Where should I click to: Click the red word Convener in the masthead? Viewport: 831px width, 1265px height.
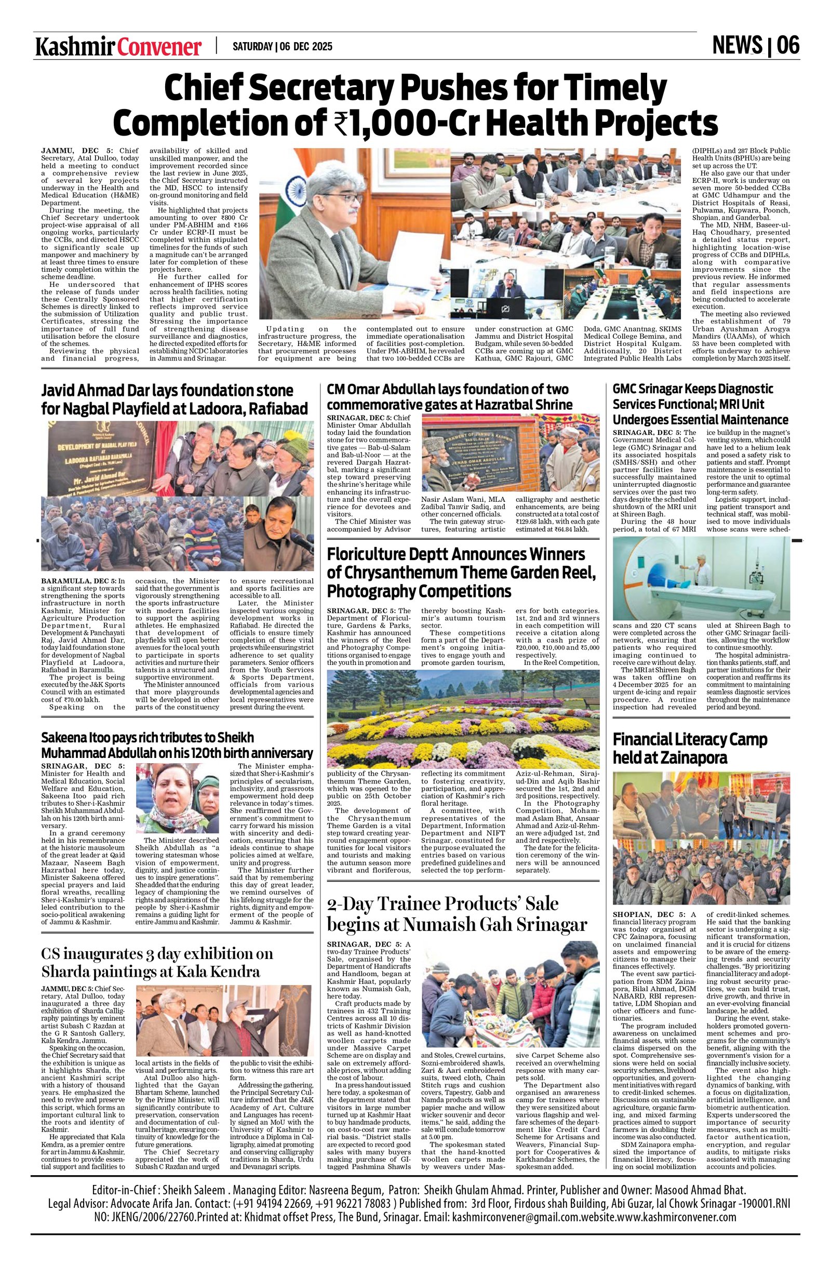tap(159, 47)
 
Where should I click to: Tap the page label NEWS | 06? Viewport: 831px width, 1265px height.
tap(756, 46)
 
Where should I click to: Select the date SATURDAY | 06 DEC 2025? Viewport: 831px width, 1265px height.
tap(282, 47)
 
